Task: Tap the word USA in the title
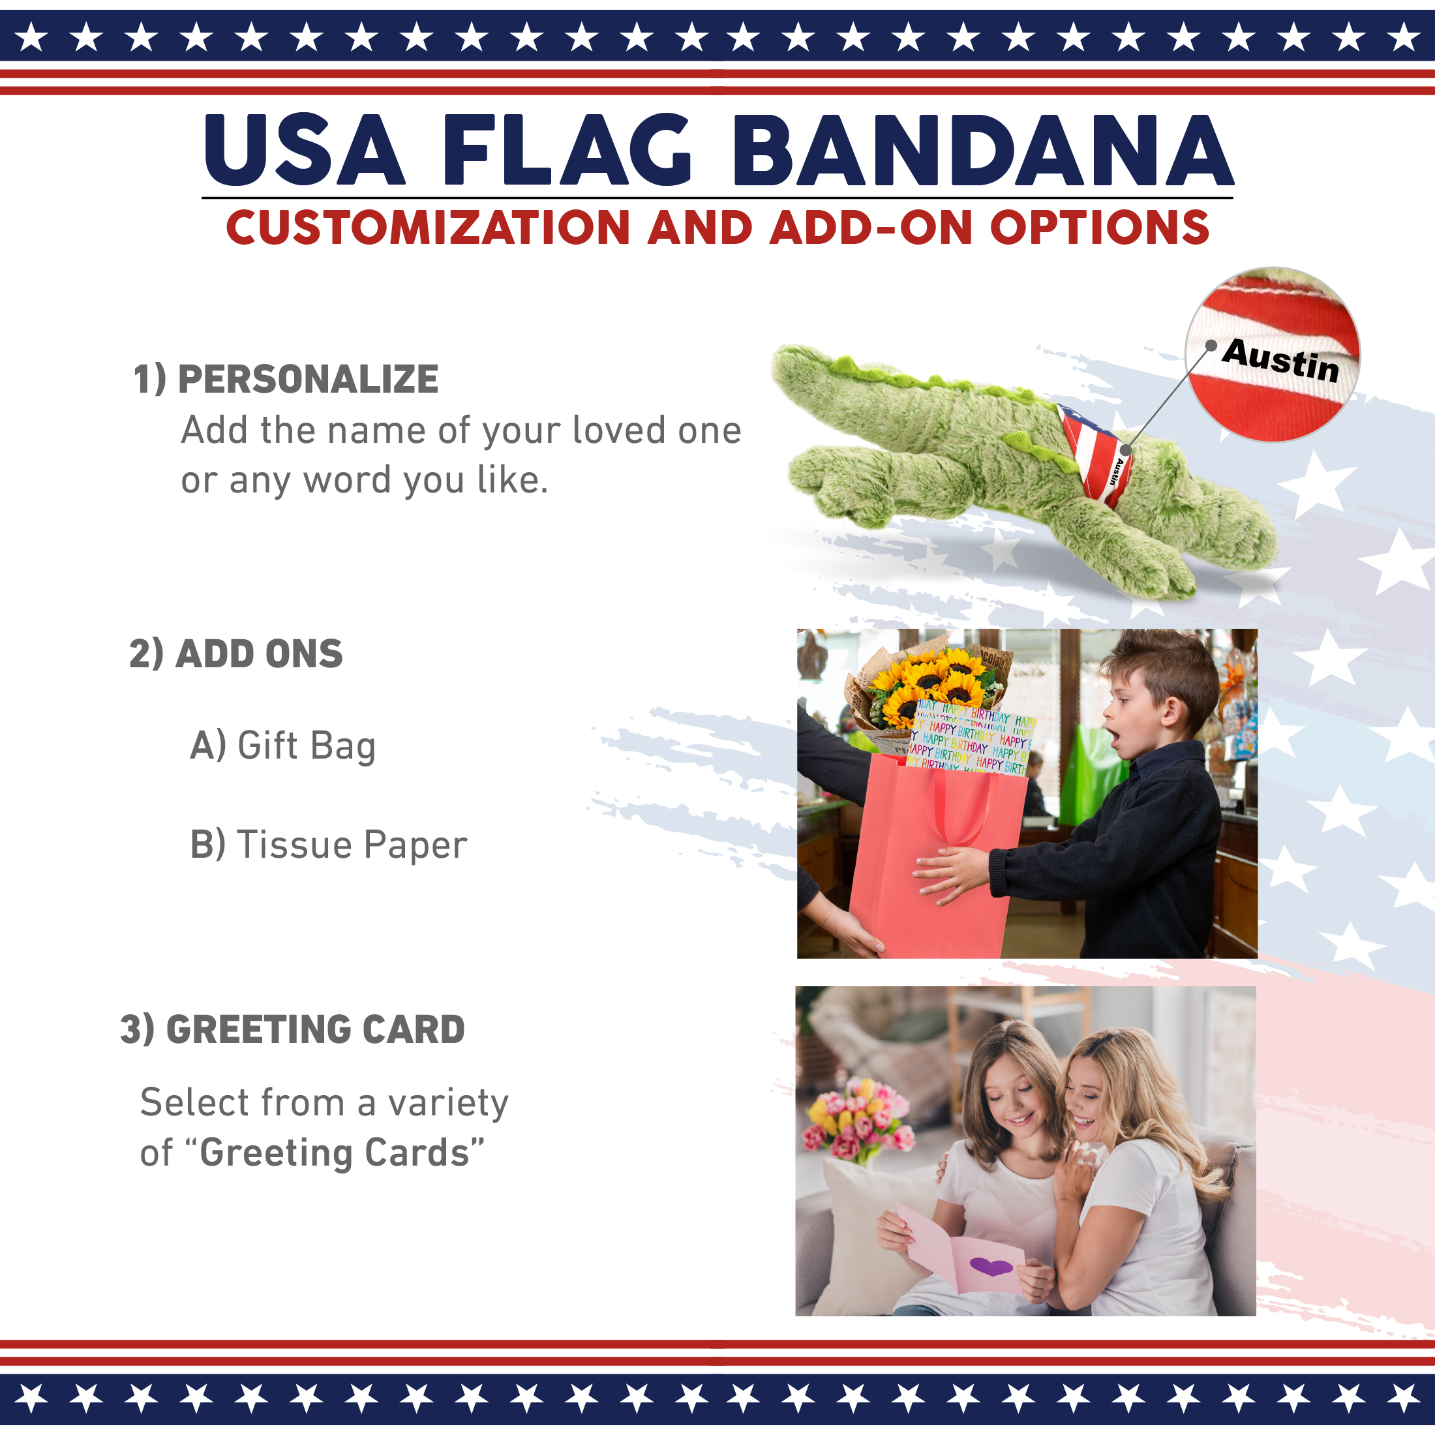click(305, 150)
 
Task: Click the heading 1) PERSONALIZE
click(286, 379)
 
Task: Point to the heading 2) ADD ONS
click(236, 654)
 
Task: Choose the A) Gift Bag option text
click(283, 746)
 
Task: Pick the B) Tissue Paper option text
click(328, 845)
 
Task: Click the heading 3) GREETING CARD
click(293, 1029)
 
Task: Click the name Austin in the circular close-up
click(1280, 361)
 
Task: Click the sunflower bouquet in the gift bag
click(928, 687)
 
